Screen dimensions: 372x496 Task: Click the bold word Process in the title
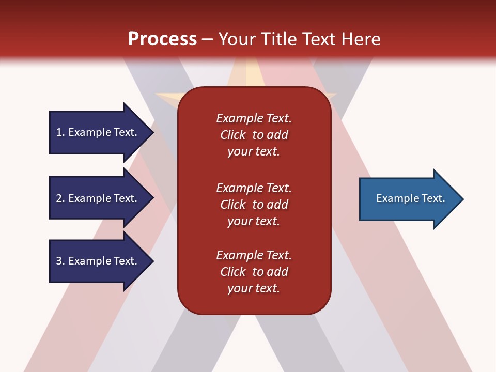(162, 39)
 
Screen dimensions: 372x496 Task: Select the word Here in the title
(360, 39)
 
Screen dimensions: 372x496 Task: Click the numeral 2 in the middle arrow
(59, 198)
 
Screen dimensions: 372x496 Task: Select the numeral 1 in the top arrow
(59, 132)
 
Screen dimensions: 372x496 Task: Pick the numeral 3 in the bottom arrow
(59, 261)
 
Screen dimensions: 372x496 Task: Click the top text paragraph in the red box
(254, 135)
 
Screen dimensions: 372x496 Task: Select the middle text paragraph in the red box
(254, 205)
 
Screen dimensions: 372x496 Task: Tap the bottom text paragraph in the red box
(254, 272)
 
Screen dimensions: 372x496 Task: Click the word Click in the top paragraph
(233, 135)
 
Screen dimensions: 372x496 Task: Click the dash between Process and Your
(207, 39)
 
